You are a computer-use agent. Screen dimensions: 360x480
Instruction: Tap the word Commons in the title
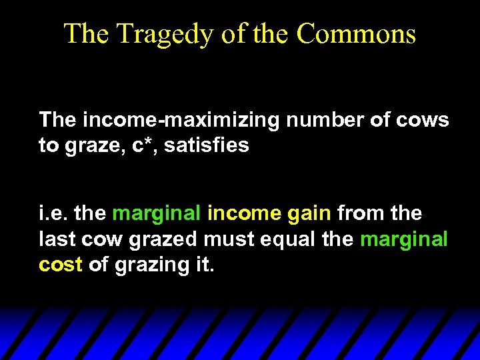pos(356,33)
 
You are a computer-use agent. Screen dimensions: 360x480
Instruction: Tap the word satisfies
pos(206,145)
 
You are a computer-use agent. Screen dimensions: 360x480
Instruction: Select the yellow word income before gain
pos(244,213)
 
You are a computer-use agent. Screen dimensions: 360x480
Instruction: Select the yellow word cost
pos(60,264)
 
